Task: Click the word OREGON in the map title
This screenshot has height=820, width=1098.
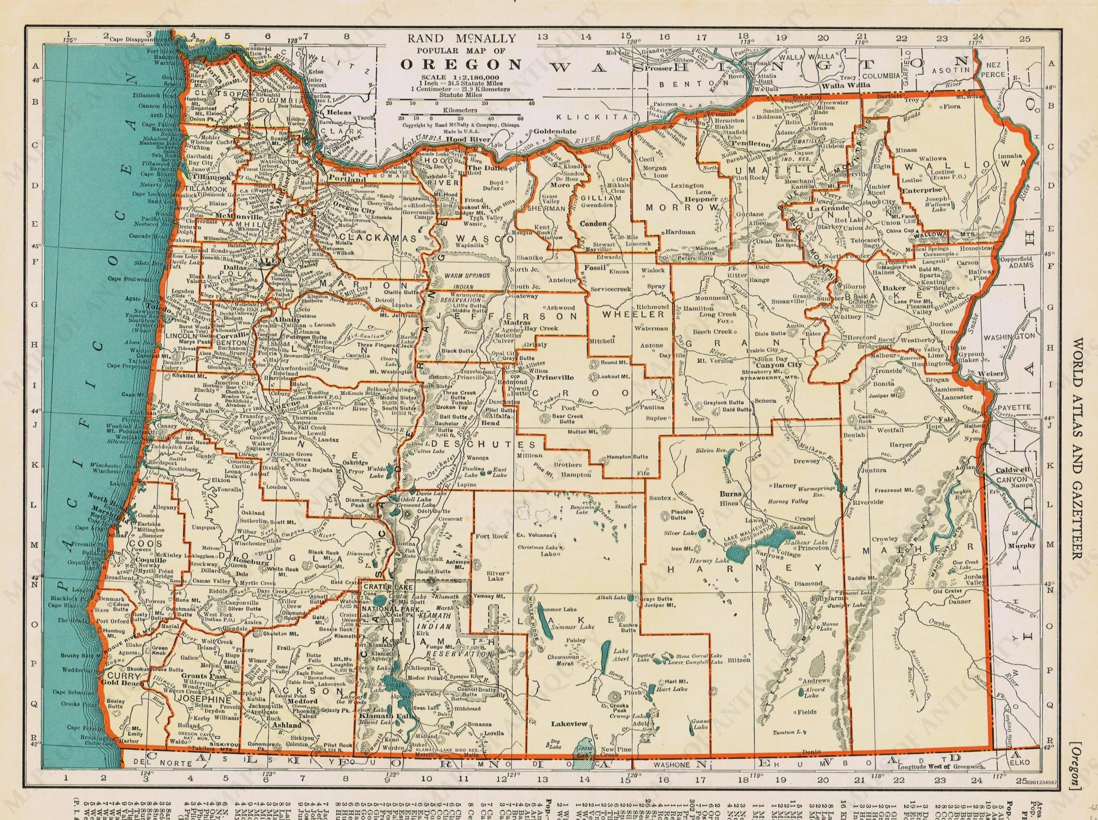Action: pyautogui.click(x=462, y=64)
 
